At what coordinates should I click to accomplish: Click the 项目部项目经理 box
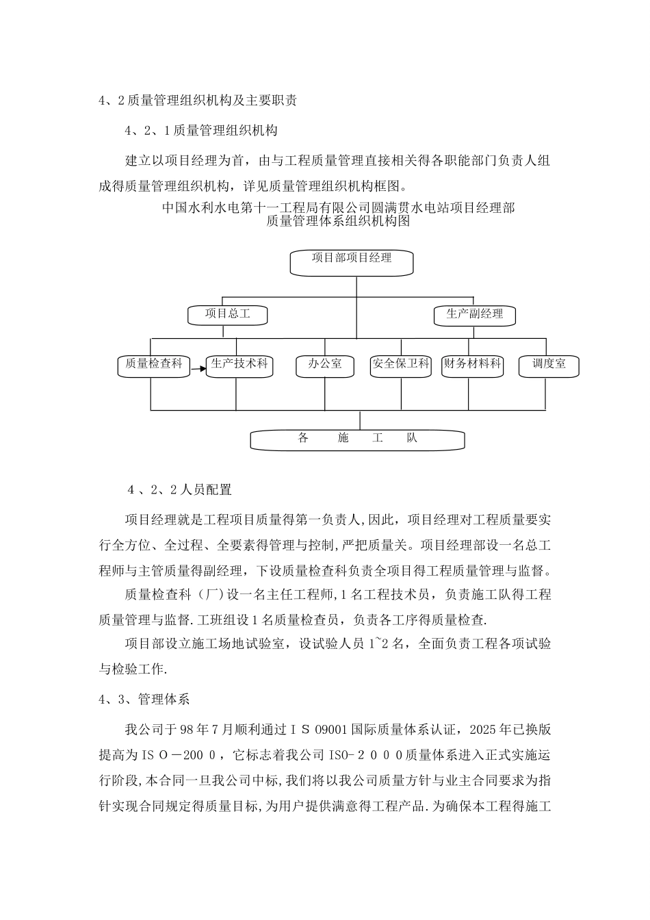pyautogui.click(x=352, y=262)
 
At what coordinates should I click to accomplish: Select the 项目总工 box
pyautogui.click(x=228, y=315)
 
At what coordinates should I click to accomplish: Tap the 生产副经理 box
pyautogui.click(x=474, y=315)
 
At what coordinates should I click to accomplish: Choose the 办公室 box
pyautogui.click(x=324, y=366)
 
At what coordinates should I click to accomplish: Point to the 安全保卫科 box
pyautogui.click(x=400, y=366)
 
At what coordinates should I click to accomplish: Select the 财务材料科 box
pyautogui.click(x=471, y=366)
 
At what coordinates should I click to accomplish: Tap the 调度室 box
pyautogui.click(x=549, y=366)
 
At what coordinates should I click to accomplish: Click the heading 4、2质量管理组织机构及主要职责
pyautogui.click(x=198, y=101)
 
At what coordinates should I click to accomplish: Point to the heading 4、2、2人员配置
pyautogui.click(x=180, y=490)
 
